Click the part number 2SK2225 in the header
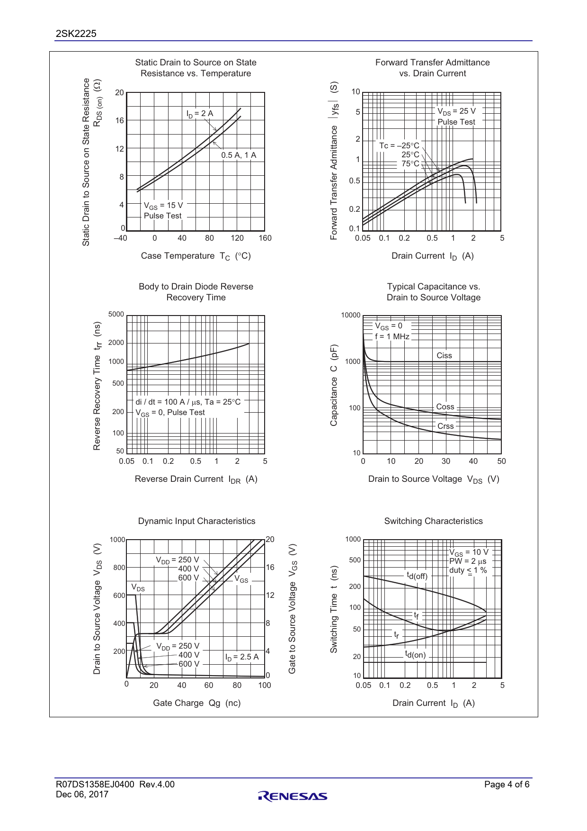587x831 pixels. pos(76,33)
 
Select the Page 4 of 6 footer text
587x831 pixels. pos(507,784)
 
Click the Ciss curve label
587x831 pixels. pos(444,355)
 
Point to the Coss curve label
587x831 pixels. pos(445,406)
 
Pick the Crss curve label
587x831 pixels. pos(445,426)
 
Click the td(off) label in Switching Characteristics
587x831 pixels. pos(417,576)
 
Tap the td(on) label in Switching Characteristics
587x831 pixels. pos(415,655)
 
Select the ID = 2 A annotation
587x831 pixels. pos(199,114)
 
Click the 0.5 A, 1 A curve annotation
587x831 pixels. pos(239,155)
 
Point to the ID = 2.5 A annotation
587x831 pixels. pos(242,657)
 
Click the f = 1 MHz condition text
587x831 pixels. pos(392,336)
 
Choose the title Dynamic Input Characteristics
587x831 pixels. pos(196,521)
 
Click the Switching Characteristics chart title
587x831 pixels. pos(433,521)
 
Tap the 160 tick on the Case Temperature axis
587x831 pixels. pos(265,238)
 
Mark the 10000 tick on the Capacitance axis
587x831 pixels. pos(351,316)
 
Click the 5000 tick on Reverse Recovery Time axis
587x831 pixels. pos(116,314)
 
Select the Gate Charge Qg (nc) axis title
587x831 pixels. pos(196,703)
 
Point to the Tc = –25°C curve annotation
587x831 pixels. pos(399,145)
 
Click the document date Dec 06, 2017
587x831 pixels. pos(82,795)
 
